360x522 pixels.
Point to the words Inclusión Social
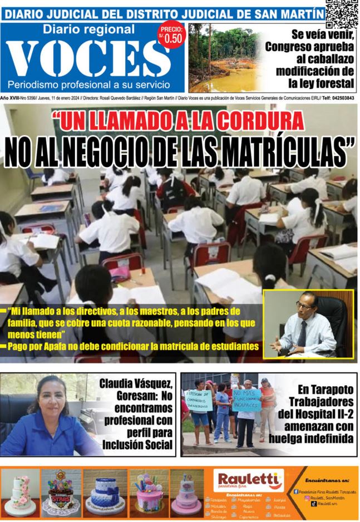click(136, 445)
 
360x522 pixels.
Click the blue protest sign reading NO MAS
click(246, 398)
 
